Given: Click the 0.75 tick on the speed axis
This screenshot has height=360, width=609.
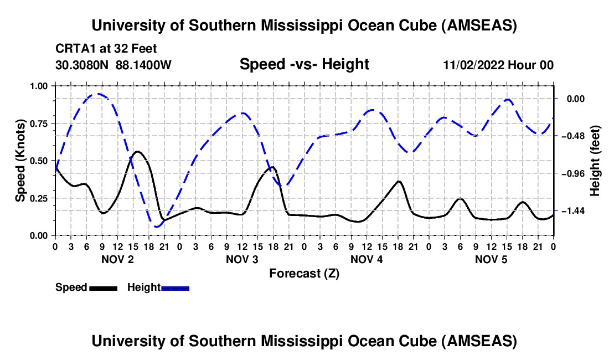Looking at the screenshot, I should point(39,123).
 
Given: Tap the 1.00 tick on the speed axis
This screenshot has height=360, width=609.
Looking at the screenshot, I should point(39,86).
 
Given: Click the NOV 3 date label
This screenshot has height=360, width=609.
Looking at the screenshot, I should point(241,259).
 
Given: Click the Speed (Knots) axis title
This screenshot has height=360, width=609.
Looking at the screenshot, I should point(20,161).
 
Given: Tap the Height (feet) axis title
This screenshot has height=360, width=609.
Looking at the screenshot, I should point(595,161).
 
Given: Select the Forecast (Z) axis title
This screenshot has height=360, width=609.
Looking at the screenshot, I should point(304,273).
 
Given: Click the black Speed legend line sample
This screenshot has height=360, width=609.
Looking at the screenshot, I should point(103,287).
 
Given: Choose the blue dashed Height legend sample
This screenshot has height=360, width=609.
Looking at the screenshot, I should point(175,287).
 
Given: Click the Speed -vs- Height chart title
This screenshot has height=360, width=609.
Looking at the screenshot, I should point(304,65).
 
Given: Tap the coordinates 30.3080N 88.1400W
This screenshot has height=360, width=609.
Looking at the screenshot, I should point(113,65).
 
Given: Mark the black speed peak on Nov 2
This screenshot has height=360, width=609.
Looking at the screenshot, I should point(138,151).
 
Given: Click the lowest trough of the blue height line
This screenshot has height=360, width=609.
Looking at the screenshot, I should point(157,227).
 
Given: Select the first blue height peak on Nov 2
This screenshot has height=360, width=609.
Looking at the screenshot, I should point(97,94).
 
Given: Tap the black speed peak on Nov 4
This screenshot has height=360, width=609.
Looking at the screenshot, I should point(399,181).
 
